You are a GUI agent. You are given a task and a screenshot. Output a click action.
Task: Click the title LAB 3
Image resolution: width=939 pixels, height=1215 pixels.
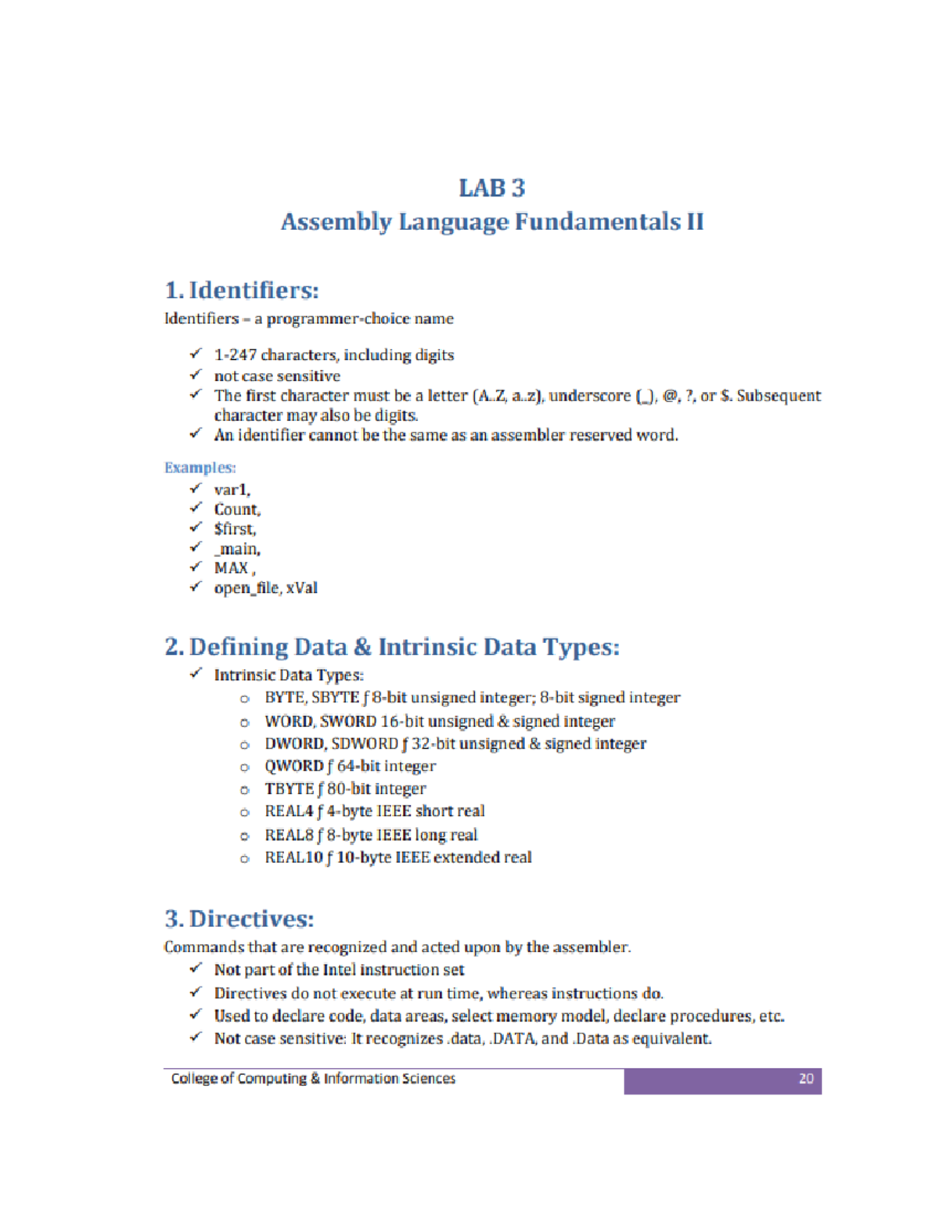click(x=491, y=189)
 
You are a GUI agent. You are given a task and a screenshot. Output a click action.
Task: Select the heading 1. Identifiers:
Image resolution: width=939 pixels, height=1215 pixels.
click(x=242, y=290)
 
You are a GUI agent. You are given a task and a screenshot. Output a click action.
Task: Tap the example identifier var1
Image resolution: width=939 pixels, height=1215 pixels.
click(x=232, y=490)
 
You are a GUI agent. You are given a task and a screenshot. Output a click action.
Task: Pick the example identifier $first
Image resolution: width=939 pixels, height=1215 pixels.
click(x=235, y=529)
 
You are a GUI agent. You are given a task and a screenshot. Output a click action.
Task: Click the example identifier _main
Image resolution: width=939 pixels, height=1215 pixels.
click(x=237, y=549)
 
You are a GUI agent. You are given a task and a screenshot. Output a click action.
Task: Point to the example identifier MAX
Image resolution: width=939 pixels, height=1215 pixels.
click(x=232, y=568)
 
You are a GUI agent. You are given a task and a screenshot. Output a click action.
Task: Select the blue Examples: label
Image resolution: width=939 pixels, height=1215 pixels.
click(x=200, y=468)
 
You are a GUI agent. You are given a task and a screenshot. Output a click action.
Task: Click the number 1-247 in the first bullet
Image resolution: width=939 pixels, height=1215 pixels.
click(x=236, y=355)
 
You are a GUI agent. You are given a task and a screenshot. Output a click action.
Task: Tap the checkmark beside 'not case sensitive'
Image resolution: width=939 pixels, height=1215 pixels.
click(x=196, y=375)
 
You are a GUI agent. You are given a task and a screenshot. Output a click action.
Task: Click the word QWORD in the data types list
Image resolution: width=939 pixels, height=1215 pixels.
click(x=293, y=767)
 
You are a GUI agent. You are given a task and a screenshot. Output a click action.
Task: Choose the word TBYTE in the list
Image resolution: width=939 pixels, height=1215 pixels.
click(x=289, y=789)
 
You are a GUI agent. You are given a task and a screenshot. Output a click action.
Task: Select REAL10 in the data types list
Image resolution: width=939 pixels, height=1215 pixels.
click(x=293, y=857)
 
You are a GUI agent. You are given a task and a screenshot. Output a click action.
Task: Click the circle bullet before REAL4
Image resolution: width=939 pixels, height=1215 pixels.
click(x=245, y=813)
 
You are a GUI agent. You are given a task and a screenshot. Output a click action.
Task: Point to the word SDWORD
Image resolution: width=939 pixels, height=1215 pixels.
click(x=365, y=744)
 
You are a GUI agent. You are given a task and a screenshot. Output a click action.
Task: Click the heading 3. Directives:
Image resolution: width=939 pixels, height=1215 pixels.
click(x=239, y=918)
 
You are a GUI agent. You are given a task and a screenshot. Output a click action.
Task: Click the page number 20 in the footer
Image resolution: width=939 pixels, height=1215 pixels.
click(x=806, y=1079)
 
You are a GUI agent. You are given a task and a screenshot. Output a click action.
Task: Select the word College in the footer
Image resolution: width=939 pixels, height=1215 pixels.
click(x=195, y=1079)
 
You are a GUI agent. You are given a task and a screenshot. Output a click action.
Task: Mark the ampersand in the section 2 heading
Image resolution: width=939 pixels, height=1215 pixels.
click(x=362, y=648)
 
